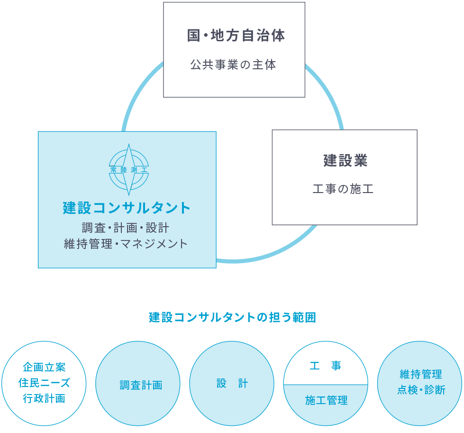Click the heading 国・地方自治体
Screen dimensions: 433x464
(236, 36)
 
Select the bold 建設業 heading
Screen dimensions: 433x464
(346, 160)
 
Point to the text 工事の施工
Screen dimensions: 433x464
(344, 190)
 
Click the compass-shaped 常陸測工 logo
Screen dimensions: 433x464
(128, 169)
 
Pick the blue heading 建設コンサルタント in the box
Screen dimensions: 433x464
(127, 208)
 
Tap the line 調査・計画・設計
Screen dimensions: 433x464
(126, 228)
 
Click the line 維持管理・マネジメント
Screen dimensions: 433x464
(126, 244)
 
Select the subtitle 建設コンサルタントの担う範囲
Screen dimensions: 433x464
(232, 317)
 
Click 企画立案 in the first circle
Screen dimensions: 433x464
(44, 367)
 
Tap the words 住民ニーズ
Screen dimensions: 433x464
(44, 382)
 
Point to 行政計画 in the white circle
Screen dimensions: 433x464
(44, 398)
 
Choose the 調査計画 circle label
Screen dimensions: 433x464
(141, 385)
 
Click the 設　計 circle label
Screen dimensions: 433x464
(232, 383)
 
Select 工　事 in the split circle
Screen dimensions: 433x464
(326, 366)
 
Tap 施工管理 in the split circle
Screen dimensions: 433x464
(326, 401)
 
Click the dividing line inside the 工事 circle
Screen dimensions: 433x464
(326, 384)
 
